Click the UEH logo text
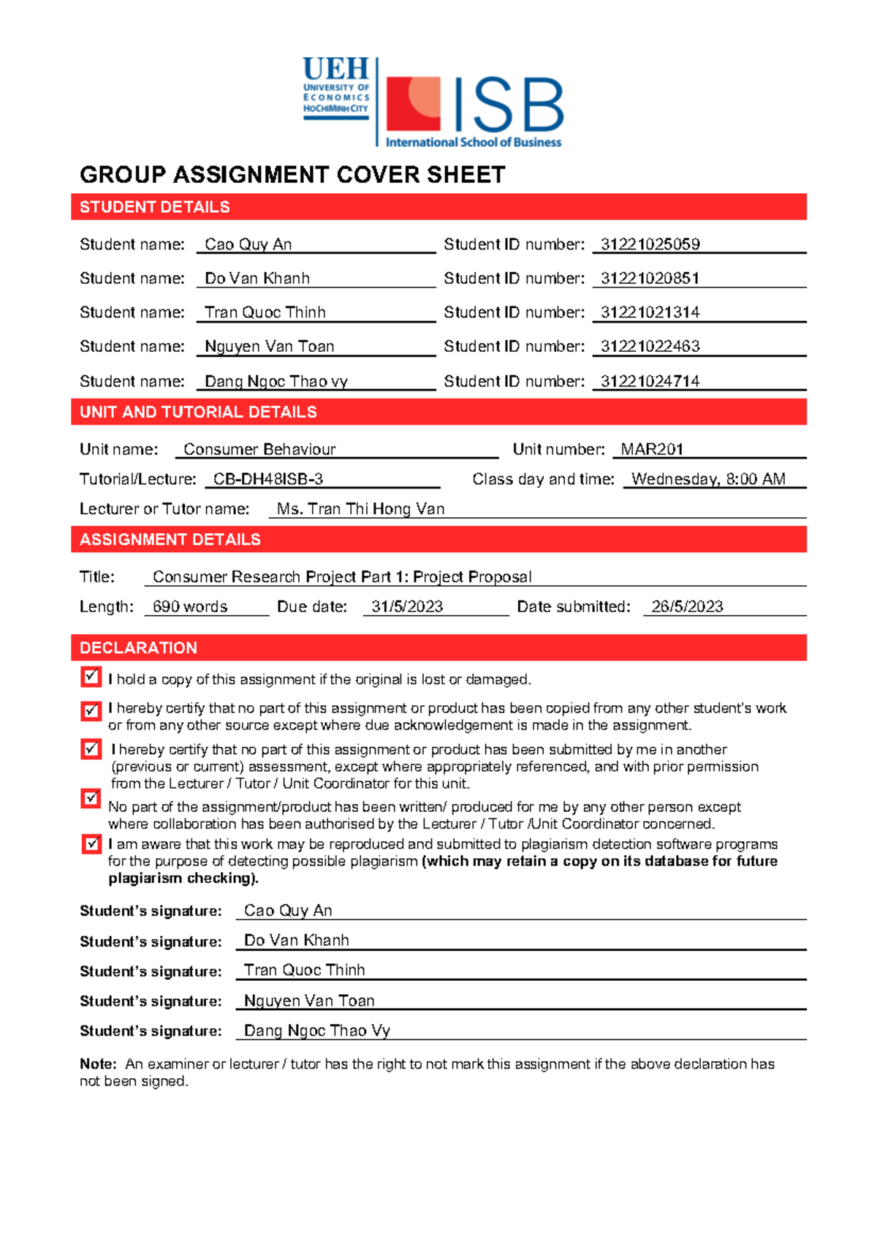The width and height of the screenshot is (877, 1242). (335, 70)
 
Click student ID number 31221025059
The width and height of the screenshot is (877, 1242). (650, 244)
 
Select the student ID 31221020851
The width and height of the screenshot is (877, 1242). (650, 279)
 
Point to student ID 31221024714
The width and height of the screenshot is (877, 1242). (650, 381)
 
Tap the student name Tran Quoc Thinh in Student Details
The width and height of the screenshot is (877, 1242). (265, 312)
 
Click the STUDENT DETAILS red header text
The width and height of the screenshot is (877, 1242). (155, 207)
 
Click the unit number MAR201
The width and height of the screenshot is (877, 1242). (651, 449)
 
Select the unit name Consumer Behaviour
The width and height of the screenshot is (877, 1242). (259, 449)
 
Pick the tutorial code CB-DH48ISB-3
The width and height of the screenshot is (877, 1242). (267, 479)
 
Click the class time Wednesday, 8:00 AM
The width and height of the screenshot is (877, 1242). (708, 479)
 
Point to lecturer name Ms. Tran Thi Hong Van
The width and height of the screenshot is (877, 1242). (360, 509)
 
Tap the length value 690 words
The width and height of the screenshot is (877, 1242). (190, 606)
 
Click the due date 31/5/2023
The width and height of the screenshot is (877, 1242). (407, 606)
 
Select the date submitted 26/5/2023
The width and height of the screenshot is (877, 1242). (687, 606)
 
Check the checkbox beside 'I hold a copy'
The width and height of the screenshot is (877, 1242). (91, 677)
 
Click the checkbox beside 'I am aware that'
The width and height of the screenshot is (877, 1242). (91, 844)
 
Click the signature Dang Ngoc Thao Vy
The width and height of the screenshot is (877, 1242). (316, 1031)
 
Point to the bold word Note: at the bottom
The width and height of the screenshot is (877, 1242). (98, 1064)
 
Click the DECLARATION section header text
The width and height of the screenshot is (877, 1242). (138, 648)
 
